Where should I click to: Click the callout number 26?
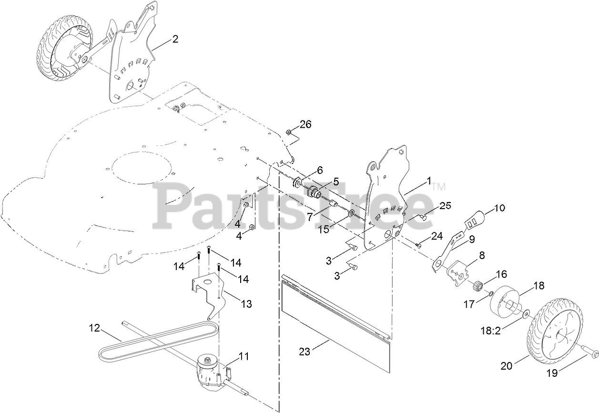click(x=305, y=125)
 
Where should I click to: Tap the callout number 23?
click(x=305, y=352)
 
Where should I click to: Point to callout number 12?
click(x=95, y=328)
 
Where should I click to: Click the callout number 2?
click(x=175, y=40)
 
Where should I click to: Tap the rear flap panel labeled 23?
click(x=336, y=324)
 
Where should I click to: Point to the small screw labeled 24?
click(x=418, y=245)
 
